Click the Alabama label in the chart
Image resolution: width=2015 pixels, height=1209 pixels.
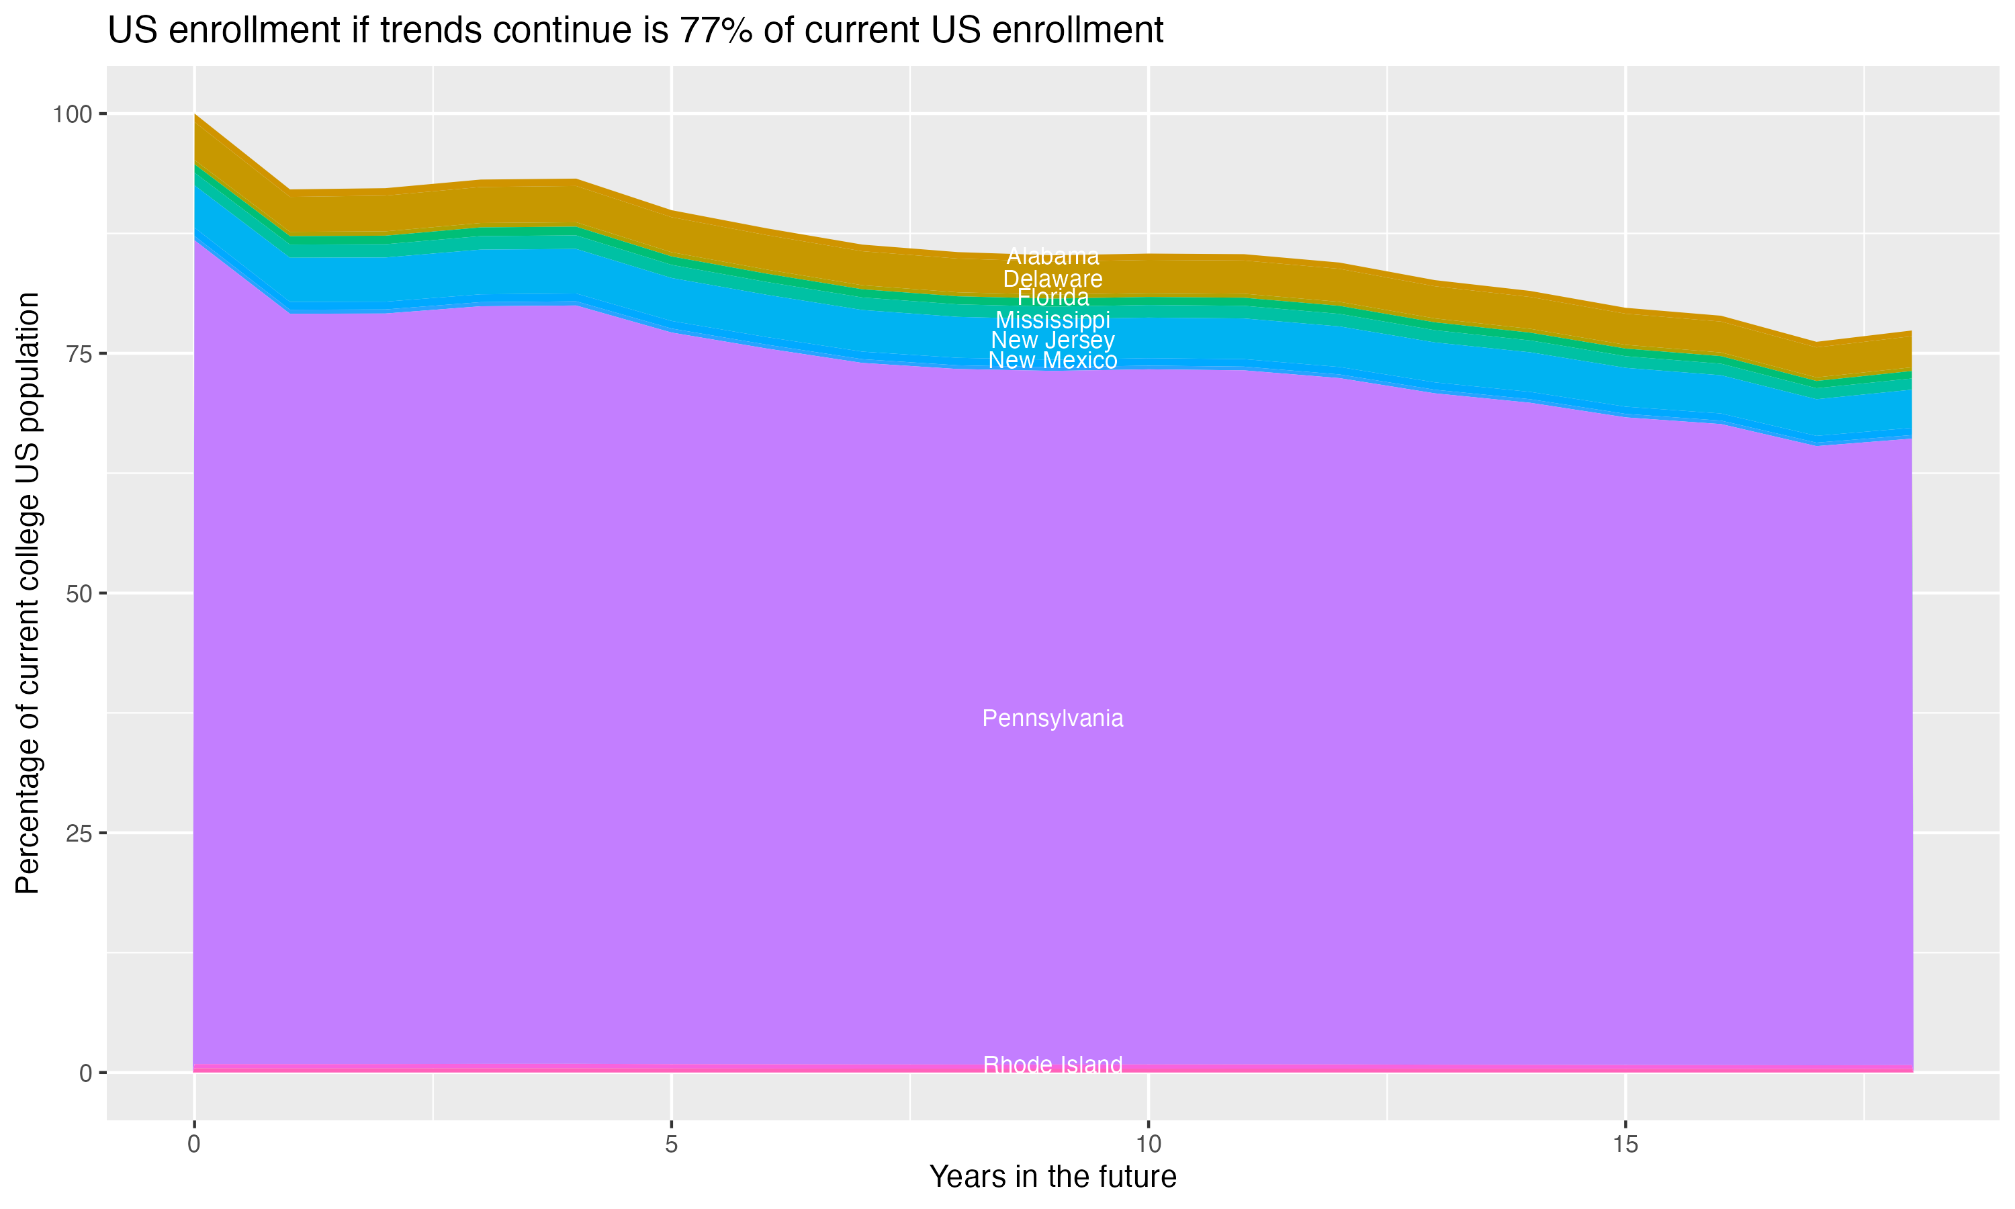pyautogui.click(x=1053, y=257)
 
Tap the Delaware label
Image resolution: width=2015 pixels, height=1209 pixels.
pyautogui.click(x=1053, y=279)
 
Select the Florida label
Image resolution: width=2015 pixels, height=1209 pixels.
pyautogui.click(x=1053, y=298)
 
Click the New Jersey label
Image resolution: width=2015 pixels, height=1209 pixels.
pyautogui.click(x=1053, y=340)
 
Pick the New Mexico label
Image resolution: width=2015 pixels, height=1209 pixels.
pyautogui.click(x=1053, y=360)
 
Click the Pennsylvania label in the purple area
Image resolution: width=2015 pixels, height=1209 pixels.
pyautogui.click(x=1053, y=718)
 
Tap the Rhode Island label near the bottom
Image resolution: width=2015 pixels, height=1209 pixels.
pyautogui.click(x=1053, y=1064)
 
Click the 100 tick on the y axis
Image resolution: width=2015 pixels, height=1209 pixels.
pyautogui.click(x=72, y=114)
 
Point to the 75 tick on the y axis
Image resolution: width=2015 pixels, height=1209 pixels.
pyautogui.click(x=80, y=353)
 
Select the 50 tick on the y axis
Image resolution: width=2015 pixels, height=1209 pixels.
pyautogui.click(x=80, y=593)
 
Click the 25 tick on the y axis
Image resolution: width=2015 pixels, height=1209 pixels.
pyautogui.click(x=80, y=833)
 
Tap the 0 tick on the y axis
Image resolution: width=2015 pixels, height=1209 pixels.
pyautogui.click(x=85, y=1073)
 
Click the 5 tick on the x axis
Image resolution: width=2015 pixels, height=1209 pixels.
pyautogui.click(x=671, y=1145)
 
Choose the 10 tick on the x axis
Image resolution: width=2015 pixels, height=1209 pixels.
pyautogui.click(x=1148, y=1145)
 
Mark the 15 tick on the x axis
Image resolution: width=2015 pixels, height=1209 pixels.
pyautogui.click(x=1625, y=1145)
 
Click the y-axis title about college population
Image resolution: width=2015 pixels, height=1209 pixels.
pyautogui.click(x=28, y=593)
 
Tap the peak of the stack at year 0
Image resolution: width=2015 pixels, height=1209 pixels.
pyautogui.click(x=195, y=115)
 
